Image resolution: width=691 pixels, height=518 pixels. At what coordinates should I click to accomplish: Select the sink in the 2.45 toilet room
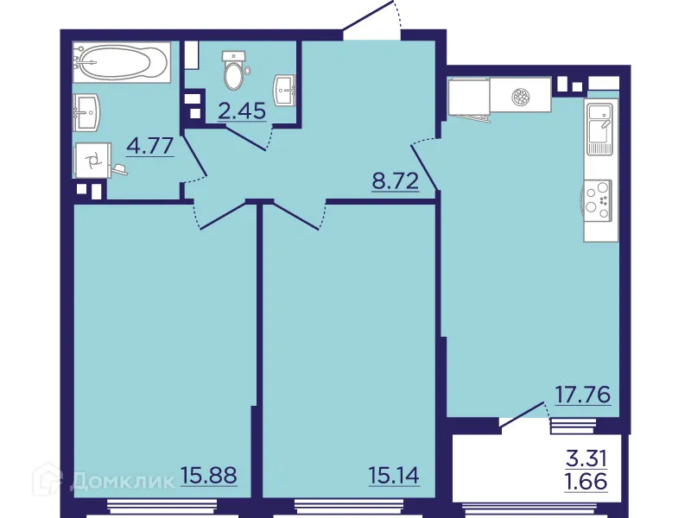pos(285,86)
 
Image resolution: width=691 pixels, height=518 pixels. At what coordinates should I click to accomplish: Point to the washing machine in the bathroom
pos(92,160)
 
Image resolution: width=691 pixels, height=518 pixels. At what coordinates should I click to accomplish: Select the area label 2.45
pos(241,111)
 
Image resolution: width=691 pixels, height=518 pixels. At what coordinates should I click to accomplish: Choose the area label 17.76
pos(582,395)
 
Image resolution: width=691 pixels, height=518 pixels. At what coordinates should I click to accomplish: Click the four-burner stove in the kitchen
pos(598,198)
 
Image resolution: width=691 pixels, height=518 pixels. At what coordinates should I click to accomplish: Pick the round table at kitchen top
pos(520,97)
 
